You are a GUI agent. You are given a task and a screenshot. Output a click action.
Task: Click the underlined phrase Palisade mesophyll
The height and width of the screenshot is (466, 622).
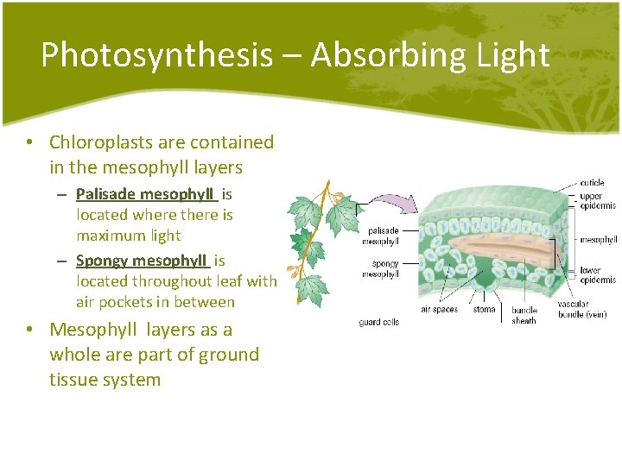[x=146, y=194]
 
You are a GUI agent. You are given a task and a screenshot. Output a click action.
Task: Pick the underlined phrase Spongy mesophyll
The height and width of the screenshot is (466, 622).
[x=143, y=261]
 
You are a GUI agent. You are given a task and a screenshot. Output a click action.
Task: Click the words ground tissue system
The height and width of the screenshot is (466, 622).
[x=155, y=367]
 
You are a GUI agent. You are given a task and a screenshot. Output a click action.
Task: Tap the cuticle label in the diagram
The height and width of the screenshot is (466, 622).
[x=592, y=183]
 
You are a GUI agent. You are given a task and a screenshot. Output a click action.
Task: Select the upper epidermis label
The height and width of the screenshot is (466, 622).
[x=597, y=202]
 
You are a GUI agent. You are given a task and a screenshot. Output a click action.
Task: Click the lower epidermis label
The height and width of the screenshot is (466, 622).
[x=598, y=275]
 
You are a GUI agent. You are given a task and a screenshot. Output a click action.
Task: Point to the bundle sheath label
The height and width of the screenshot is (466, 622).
[x=524, y=315]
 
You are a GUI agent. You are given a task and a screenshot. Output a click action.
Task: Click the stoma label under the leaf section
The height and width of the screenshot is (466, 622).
[x=485, y=309]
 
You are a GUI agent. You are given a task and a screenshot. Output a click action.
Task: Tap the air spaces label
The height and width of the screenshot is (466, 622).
[x=439, y=309]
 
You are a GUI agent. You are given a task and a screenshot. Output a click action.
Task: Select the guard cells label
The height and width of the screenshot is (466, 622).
[x=378, y=322]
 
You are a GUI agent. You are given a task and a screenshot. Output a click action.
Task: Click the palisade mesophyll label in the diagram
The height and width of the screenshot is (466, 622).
[x=383, y=236]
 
